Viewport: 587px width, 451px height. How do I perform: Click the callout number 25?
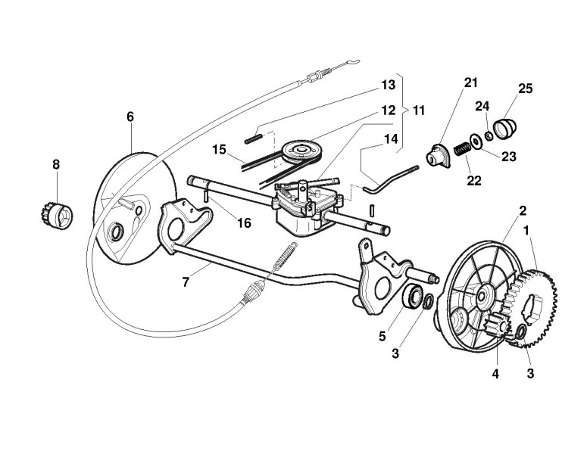click(x=526, y=89)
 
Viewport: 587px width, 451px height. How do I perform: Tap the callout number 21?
click(x=471, y=82)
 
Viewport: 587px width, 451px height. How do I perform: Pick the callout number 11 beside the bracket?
click(x=418, y=110)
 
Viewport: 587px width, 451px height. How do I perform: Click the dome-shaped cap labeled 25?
click(x=504, y=126)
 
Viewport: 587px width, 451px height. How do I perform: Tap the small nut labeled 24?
click(x=489, y=136)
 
